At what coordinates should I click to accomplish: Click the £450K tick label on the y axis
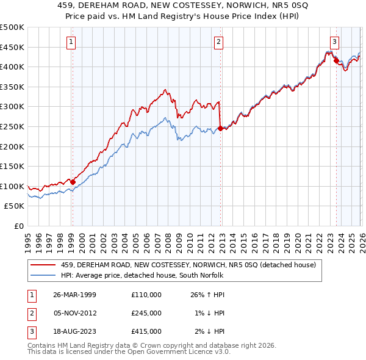pos(12,47)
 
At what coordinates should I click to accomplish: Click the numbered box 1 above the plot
pos(71,42)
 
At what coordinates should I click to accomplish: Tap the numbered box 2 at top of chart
pos(218,42)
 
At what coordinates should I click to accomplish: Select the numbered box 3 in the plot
pos(335,42)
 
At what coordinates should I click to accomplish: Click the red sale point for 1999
pos(73,182)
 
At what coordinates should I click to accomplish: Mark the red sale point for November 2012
pos(220,129)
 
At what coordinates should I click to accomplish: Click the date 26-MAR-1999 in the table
pos(74,295)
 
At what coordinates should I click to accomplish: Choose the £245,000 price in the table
pos(146,313)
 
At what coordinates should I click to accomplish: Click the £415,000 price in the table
pos(146,331)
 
